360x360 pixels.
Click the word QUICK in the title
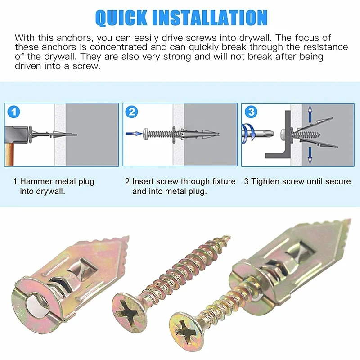click(121, 18)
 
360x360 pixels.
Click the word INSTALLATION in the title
click(210, 18)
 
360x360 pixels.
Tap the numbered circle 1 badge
click(14, 112)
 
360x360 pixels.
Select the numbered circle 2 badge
click(132, 112)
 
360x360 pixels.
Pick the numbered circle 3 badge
click(251, 112)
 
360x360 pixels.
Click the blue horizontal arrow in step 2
click(134, 133)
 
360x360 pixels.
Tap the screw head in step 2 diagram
click(145, 134)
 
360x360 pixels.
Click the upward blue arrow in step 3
click(310, 113)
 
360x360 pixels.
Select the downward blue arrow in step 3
click(310, 155)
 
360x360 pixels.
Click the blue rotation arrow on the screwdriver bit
click(248, 132)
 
